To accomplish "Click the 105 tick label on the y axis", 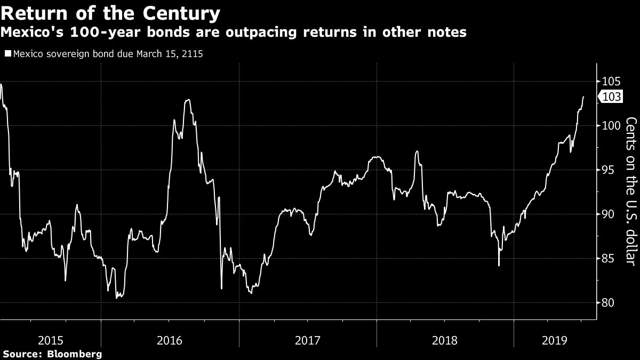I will pos(611,82).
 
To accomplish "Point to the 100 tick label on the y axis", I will pos(611,126).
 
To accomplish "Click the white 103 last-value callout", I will pos(611,97).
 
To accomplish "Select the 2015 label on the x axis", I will pos(52,340).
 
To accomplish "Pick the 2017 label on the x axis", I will pos(308,340).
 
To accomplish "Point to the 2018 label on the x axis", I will pos(445,340).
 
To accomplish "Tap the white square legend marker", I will pos(7,54).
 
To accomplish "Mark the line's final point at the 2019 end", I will pos(583,97).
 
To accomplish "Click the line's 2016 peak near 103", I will pos(187,100).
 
